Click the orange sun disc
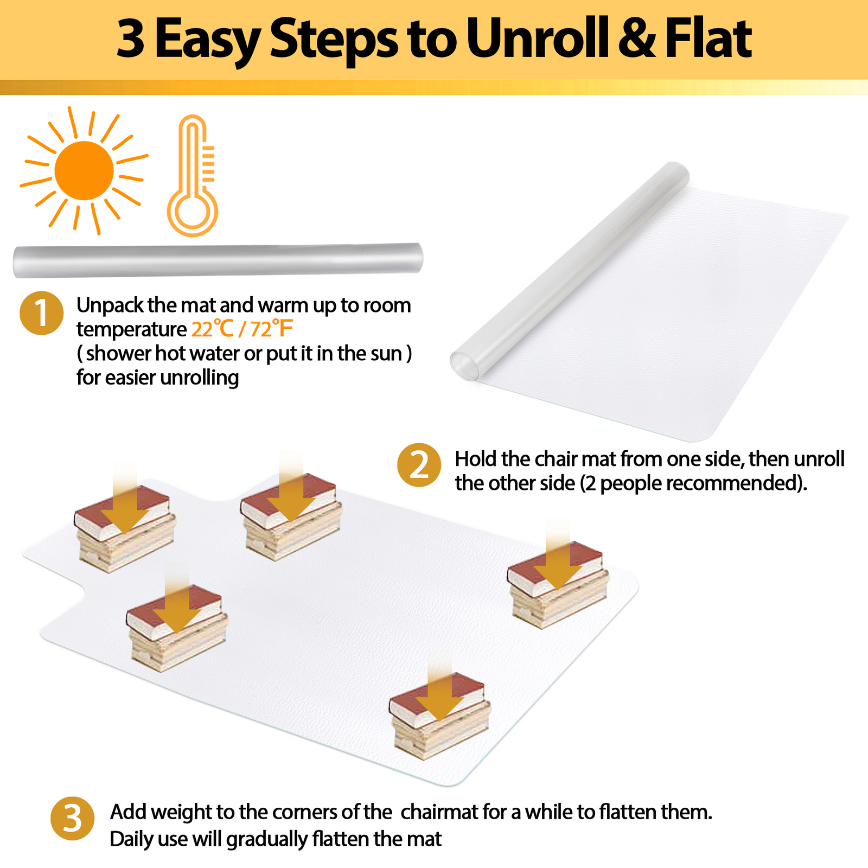coord(84,170)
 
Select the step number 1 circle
coord(42,313)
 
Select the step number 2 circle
coord(419,465)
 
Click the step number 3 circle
coord(72,818)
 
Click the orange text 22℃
coord(212,329)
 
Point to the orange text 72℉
coord(272,329)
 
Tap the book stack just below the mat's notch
coord(176,629)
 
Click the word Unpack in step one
coord(110,305)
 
